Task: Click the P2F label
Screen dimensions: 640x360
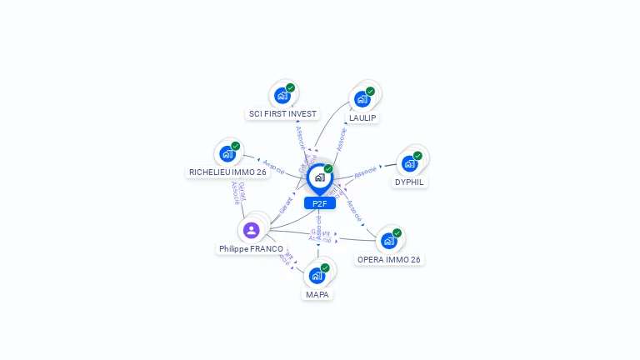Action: click(319, 203)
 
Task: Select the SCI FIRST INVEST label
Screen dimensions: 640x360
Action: click(282, 113)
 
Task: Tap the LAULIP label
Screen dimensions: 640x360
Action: click(362, 117)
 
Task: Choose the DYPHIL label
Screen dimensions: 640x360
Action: click(409, 182)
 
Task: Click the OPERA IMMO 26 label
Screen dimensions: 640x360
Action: click(389, 259)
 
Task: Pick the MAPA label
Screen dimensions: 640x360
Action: click(317, 294)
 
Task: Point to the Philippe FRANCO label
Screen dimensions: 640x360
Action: click(251, 248)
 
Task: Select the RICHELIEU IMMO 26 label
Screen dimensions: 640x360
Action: click(227, 172)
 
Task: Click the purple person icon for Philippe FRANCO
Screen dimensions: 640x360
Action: click(251, 229)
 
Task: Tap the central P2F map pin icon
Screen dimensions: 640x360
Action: click(319, 177)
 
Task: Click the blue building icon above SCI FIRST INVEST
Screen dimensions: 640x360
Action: click(282, 95)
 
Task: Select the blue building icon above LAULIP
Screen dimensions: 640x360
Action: click(362, 99)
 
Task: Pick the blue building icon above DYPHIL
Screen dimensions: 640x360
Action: click(409, 163)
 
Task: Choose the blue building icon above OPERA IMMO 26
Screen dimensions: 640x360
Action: click(388, 241)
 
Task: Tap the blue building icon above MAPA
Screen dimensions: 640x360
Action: click(316, 276)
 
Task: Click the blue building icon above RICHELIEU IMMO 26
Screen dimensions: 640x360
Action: click(227, 153)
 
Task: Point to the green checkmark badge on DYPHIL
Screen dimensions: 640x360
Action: click(417, 155)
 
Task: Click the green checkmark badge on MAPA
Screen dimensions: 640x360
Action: click(325, 267)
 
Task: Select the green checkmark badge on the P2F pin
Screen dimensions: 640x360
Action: click(328, 169)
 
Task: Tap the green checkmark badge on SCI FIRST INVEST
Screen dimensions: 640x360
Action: click(290, 87)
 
